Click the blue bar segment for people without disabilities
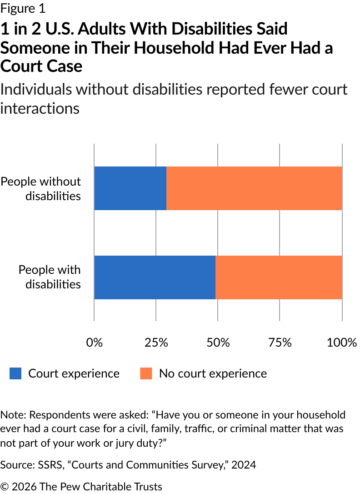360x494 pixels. pos(130,188)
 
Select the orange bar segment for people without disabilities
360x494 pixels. pos(254,188)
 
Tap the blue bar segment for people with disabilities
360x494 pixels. pos(155,277)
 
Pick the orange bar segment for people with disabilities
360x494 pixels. pos(278,277)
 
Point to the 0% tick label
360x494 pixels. pos(95,343)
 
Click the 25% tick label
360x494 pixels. pos(156,343)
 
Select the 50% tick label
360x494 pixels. pos(218,343)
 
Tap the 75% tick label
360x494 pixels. pos(280,343)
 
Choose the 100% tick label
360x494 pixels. pos(342,343)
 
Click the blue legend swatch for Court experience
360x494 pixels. pos(15,373)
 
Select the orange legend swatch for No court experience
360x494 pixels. pos(146,373)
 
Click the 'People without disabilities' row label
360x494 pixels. pos(41,188)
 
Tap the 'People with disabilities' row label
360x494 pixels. pos(50,277)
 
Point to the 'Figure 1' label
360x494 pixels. pos(23,8)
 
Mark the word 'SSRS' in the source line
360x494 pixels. pos(41,465)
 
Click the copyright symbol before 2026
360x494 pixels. pos(5,487)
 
